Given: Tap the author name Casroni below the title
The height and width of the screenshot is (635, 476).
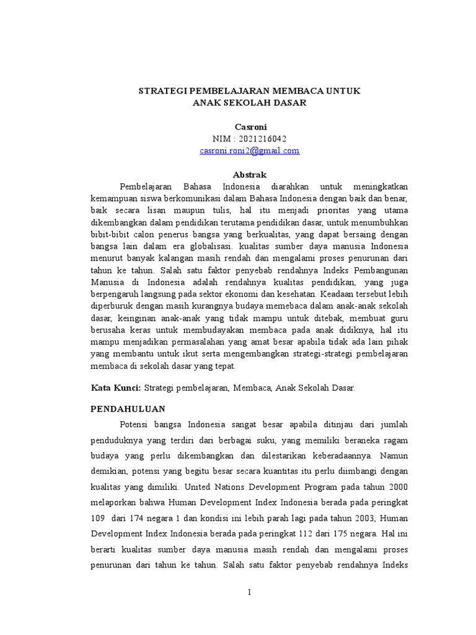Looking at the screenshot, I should click(x=249, y=127).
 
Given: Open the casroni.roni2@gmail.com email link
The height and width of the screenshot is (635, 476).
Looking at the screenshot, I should click(x=249, y=150).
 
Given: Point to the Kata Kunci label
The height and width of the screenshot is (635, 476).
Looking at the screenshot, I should click(x=116, y=388).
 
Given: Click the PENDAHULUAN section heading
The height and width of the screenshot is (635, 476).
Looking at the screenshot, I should click(x=128, y=409).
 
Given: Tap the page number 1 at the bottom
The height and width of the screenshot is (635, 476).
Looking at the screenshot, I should click(x=249, y=592).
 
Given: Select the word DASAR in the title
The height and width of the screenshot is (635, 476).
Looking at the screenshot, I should click(x=288, y=103).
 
